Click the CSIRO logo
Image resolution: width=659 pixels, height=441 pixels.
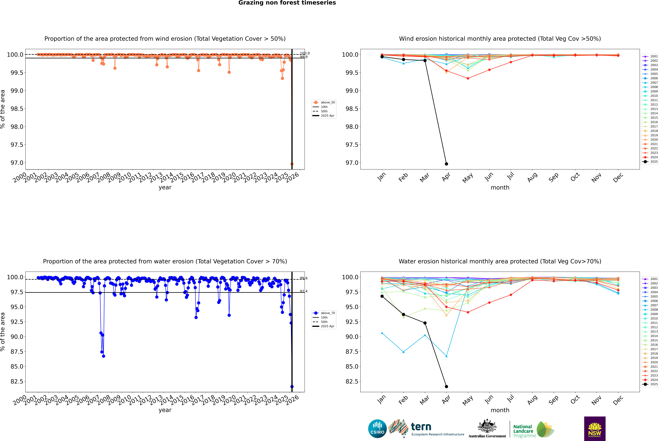[377, 429]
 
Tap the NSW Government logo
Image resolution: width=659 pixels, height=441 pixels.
[595, 429]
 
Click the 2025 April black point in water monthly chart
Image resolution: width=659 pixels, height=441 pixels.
[446, 386]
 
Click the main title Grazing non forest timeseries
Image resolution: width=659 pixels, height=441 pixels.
[287, 3]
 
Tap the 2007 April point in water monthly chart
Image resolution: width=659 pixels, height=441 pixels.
[446, 356]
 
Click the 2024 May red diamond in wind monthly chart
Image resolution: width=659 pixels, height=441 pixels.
[468, 78]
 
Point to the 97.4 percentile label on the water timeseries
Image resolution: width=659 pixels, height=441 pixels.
[303, 291]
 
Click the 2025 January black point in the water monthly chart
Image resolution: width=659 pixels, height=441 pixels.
[382, 296]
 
